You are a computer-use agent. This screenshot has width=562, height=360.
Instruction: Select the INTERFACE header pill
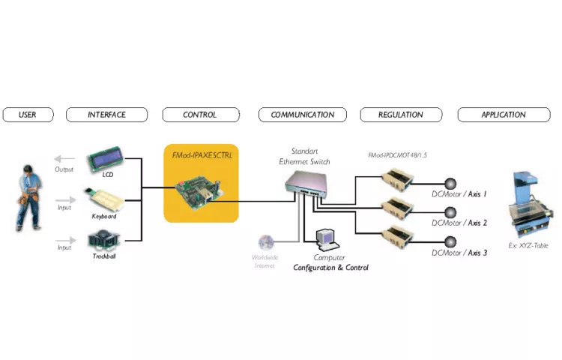click(x=106, y=115)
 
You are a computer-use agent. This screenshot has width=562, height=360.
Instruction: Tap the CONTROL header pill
click(x=200, y=115)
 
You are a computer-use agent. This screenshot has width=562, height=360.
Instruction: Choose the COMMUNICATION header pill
click(x=303, y=115)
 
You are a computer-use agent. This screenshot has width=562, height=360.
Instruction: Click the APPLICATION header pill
click(x=503, y=115)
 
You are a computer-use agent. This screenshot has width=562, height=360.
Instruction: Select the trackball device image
click(x=104, y=240)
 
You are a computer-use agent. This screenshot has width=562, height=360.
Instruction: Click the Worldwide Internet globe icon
click(x=265, y=243)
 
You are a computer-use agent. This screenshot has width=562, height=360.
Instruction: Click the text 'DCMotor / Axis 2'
click(x=459, y=223)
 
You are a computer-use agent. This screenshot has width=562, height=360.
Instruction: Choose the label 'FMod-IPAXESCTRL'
click(x=201, y=157)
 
